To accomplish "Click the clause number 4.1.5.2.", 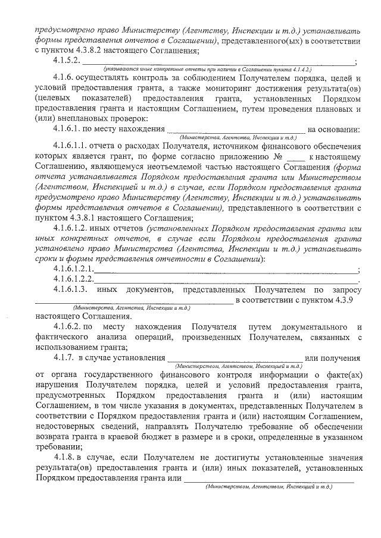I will [x=67, y=60].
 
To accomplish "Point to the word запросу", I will [x=344, y=290].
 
